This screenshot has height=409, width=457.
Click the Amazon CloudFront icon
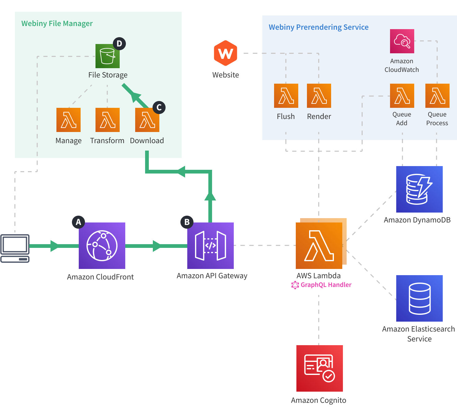tap(102, 245)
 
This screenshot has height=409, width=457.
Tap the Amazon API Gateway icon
tap(211, 245)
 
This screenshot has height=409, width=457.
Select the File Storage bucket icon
tap(107, 56)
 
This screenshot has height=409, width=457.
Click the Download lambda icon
tap(147, 120)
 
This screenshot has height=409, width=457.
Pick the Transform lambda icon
tap(107, 120)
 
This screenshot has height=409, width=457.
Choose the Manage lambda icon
tap(69, 120)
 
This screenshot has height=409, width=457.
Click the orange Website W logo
tap(225, 53)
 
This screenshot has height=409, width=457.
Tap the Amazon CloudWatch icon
tap(402, 41)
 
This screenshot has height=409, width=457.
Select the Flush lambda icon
tap(286, 96)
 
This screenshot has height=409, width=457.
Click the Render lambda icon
tap(319, 96)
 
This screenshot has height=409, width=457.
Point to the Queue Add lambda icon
tap(402, 96)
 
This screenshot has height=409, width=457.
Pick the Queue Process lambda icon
tap(437, 96)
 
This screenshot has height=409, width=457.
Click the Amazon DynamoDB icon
tap(419, 189)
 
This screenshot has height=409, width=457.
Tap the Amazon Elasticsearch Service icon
tap(419, 298)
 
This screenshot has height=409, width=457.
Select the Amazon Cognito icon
tap(319, 368)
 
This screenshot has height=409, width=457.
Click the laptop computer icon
tap(15, 248)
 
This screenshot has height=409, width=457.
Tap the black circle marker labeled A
tap(78, 222)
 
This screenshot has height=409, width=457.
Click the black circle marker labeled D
tap(119, 44)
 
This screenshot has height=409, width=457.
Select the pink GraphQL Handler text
tap(326, 285)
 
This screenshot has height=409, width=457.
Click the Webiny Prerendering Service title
tap(318, 27)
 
